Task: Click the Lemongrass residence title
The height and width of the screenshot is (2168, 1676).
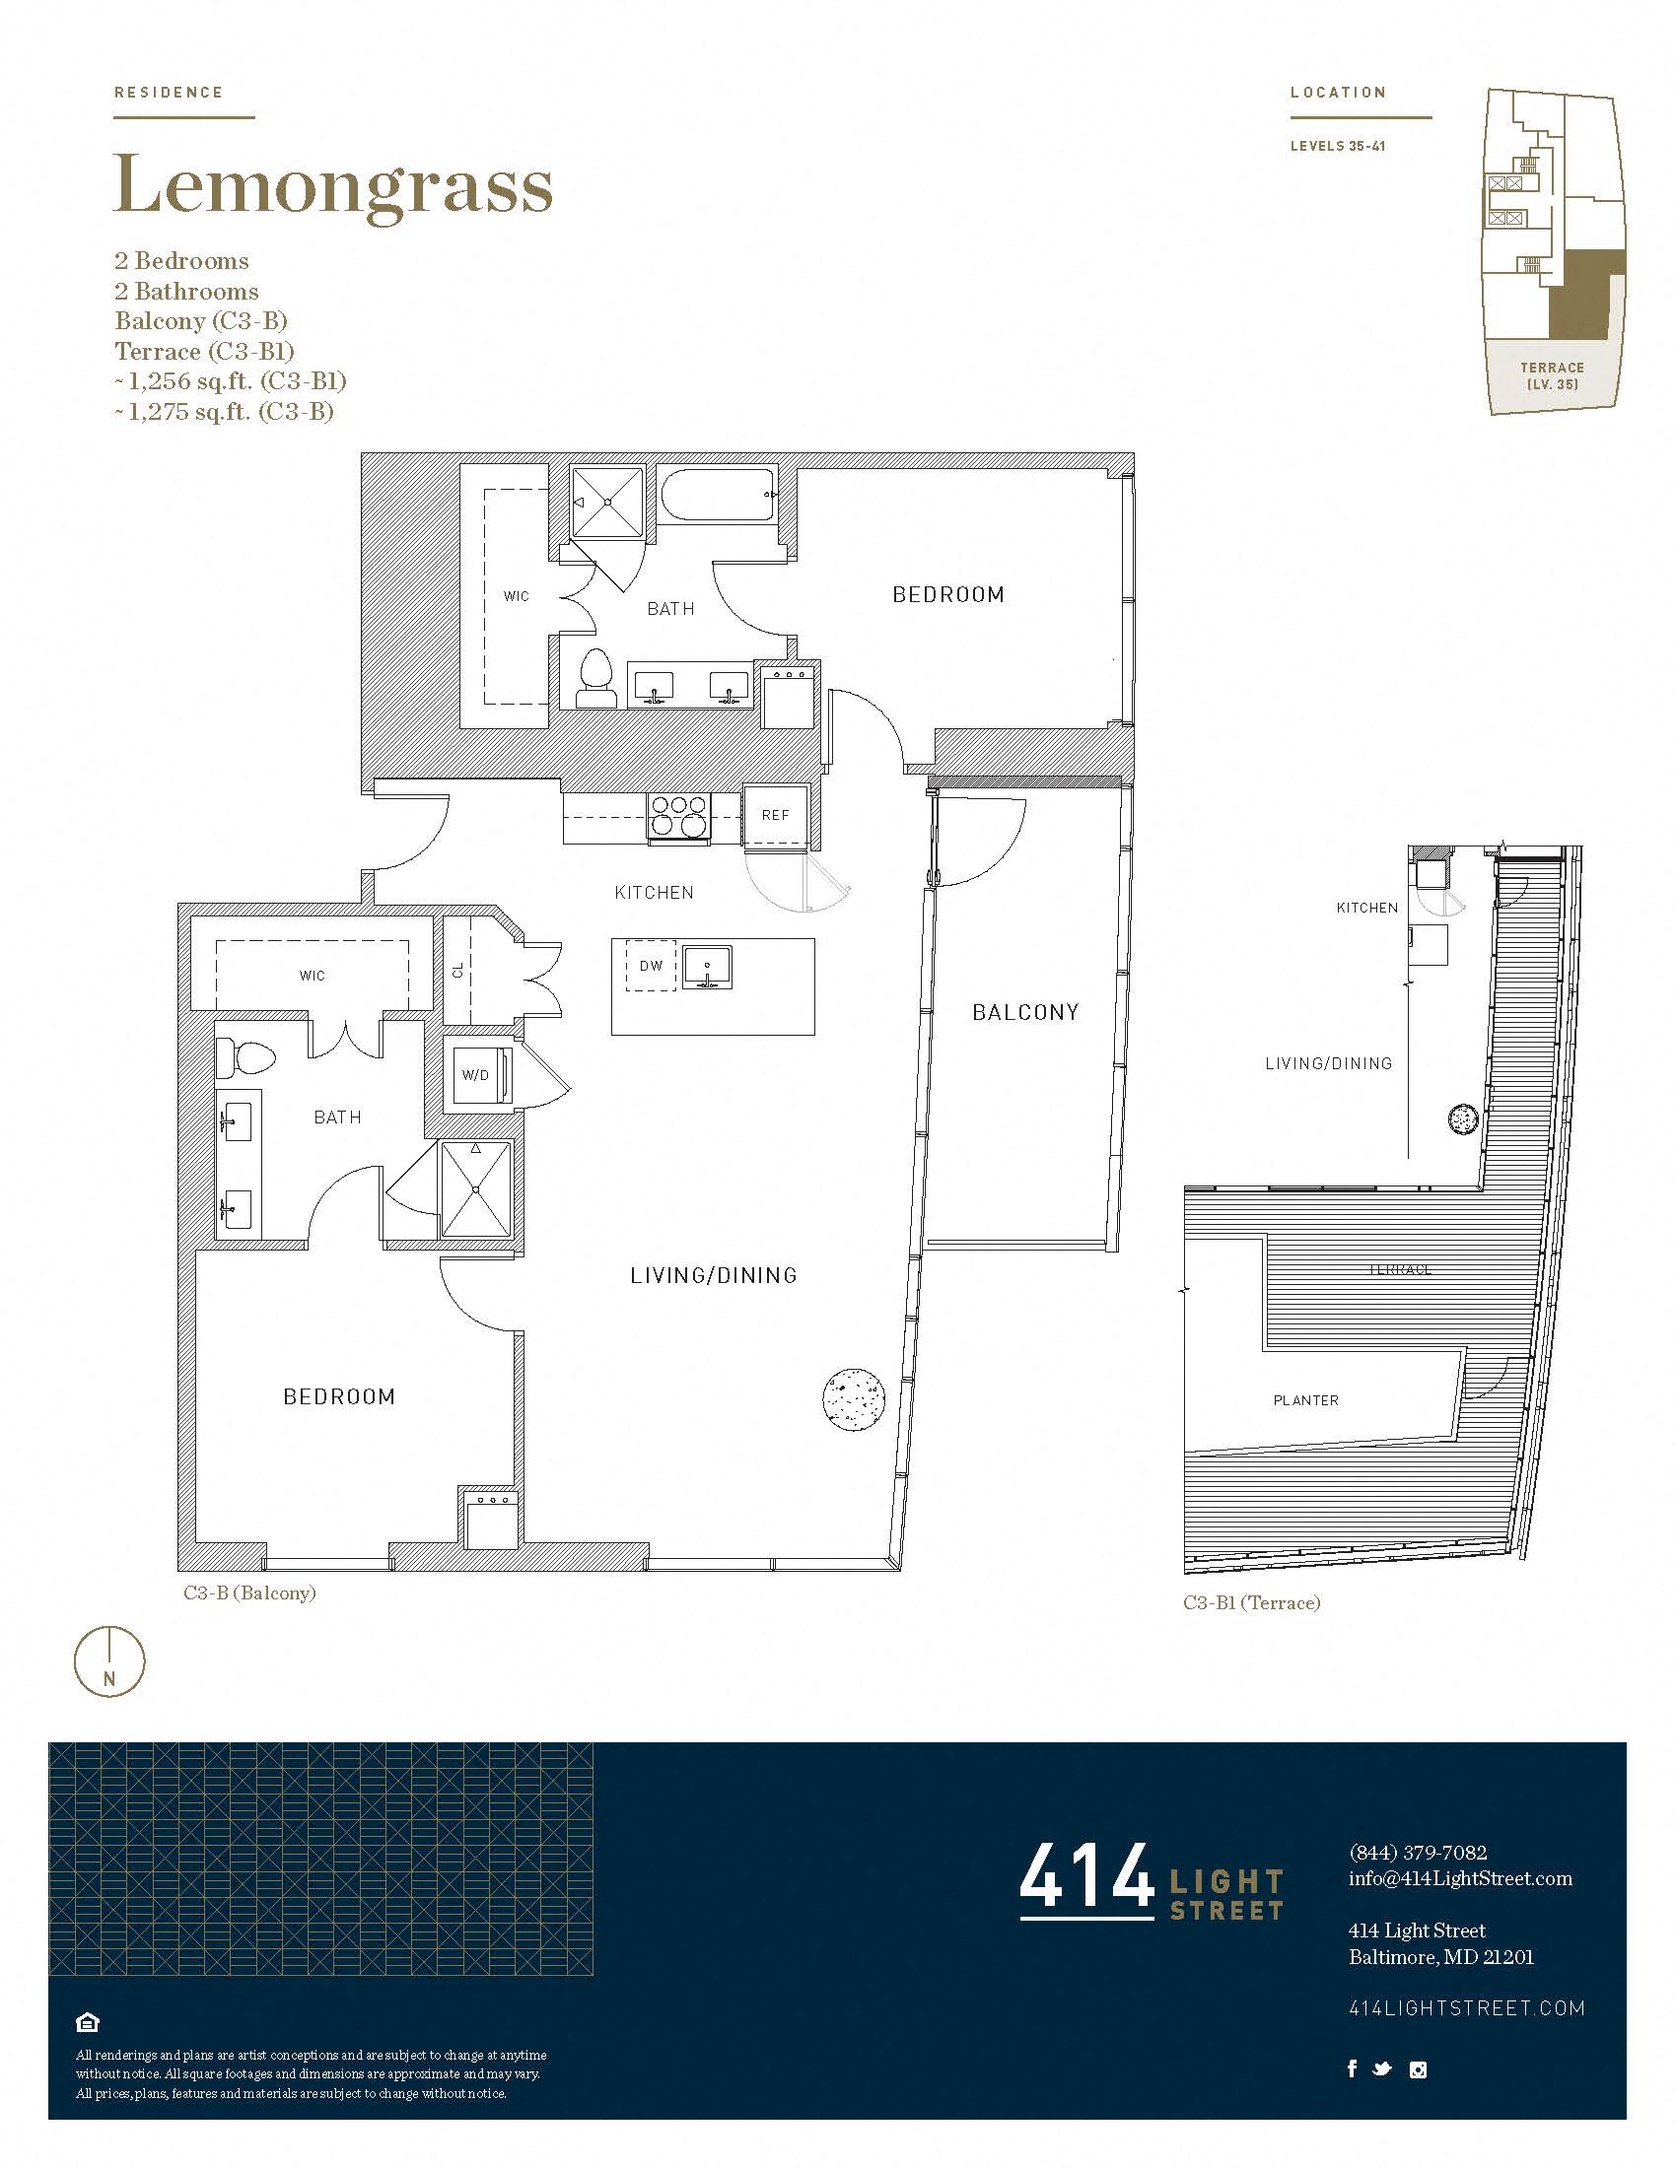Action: click(332, 186)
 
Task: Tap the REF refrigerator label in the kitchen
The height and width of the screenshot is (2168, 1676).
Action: click(776, 815)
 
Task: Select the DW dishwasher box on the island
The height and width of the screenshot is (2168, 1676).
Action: click(652, 966)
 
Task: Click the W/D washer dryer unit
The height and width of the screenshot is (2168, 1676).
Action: click(476, 1074)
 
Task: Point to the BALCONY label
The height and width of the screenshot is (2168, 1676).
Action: click(1024, 1012)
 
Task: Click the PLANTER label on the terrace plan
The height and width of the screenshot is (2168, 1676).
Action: click(1305, 1400)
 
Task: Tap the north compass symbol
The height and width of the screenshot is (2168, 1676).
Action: click(109, 1661)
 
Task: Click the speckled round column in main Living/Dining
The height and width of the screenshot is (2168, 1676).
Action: click(854, 1397)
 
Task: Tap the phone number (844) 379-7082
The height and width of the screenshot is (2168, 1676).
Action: click(1417, 1853)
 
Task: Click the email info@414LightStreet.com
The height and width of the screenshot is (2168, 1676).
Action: click(1459, 1878)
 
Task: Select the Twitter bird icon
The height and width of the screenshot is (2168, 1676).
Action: click(1381, 2069)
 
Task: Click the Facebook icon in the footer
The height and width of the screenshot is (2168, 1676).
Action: click(1352, 2068)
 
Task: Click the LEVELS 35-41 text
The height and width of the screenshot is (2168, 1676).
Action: click(1338, 146)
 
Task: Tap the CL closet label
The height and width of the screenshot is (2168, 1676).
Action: click(458, 970)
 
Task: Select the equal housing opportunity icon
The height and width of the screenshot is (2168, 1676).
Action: click(88, 2022)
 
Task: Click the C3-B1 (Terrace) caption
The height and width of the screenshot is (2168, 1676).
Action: click(1251, 1603)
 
